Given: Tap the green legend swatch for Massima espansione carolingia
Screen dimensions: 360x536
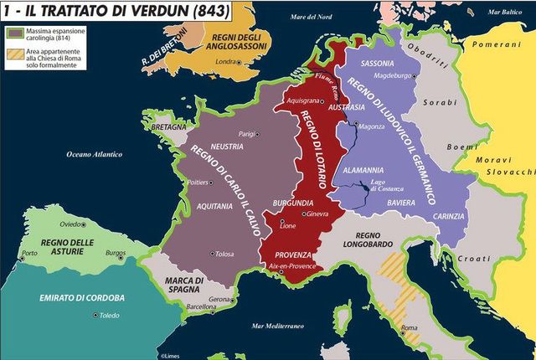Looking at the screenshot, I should tap(13, 33).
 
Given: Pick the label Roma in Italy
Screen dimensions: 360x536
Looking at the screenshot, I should tap(410, 327).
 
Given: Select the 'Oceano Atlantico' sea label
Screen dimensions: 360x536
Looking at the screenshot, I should tap(95, 154).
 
